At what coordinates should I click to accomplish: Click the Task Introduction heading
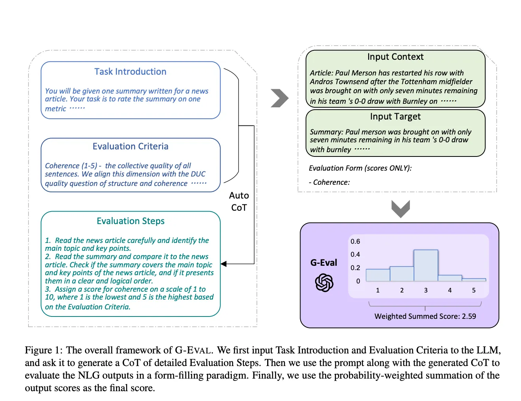130,72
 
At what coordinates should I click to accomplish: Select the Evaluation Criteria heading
130,146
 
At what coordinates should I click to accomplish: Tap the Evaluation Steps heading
130,221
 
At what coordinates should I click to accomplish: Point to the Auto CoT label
239,201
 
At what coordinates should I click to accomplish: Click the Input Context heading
395,57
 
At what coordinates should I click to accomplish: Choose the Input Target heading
395,116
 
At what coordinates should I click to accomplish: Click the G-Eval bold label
324,263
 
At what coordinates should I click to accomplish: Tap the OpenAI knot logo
324,283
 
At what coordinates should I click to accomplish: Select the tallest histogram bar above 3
426,265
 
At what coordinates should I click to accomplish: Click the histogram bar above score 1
378,275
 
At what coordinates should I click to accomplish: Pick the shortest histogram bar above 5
474,280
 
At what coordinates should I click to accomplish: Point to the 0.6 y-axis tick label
355,241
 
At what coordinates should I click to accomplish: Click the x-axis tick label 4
450,290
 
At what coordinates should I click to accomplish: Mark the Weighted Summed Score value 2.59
469,316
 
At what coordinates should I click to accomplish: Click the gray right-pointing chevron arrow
279,98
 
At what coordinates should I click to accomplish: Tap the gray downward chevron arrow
401,208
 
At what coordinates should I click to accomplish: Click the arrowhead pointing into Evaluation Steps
224,264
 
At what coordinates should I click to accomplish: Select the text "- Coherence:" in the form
329,182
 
